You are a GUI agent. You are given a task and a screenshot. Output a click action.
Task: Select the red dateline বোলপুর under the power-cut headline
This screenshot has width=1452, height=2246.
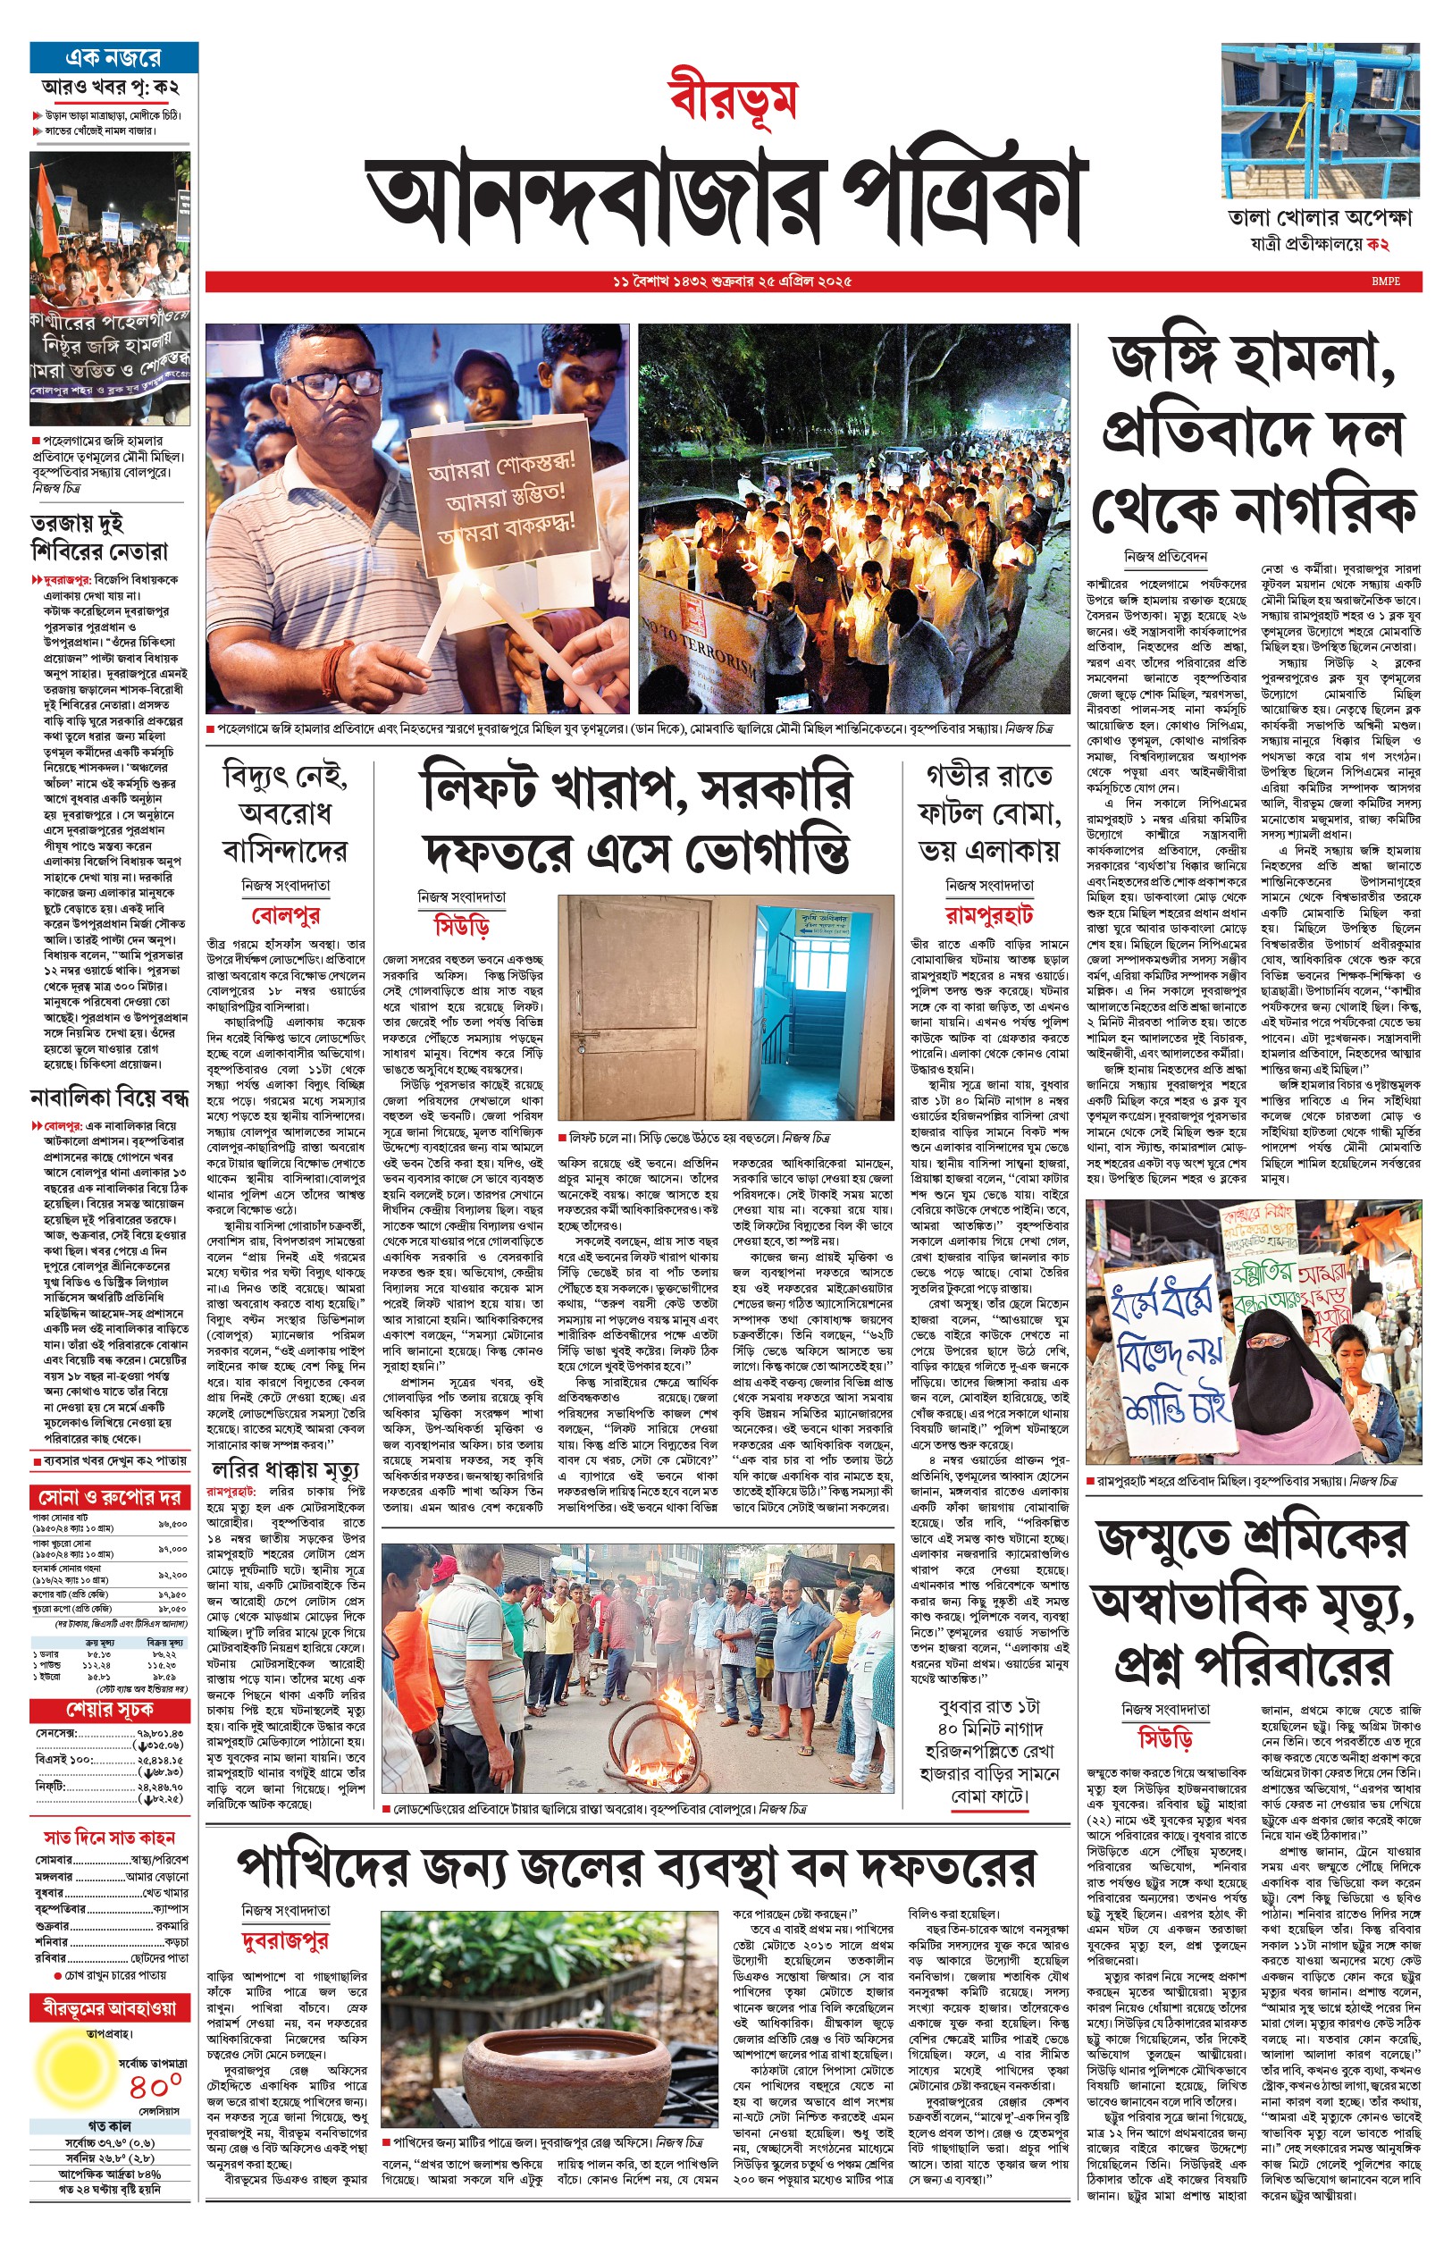tap(286, 914)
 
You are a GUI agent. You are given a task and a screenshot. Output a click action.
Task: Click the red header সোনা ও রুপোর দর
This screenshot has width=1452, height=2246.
tap(109, 1497)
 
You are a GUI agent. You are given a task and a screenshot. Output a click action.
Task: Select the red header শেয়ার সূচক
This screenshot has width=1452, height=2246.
tap(109, 1710)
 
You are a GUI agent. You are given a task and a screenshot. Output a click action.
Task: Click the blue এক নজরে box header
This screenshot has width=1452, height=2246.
tap(113, 57)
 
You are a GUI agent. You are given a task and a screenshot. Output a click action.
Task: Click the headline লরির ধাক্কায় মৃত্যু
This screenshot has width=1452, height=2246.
tap(286, 1471)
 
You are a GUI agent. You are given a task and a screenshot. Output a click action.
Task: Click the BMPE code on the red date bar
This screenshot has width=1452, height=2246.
tap(1386, 281)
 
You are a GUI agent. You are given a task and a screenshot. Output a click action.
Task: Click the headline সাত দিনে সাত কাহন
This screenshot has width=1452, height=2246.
tap(109, 1837)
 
